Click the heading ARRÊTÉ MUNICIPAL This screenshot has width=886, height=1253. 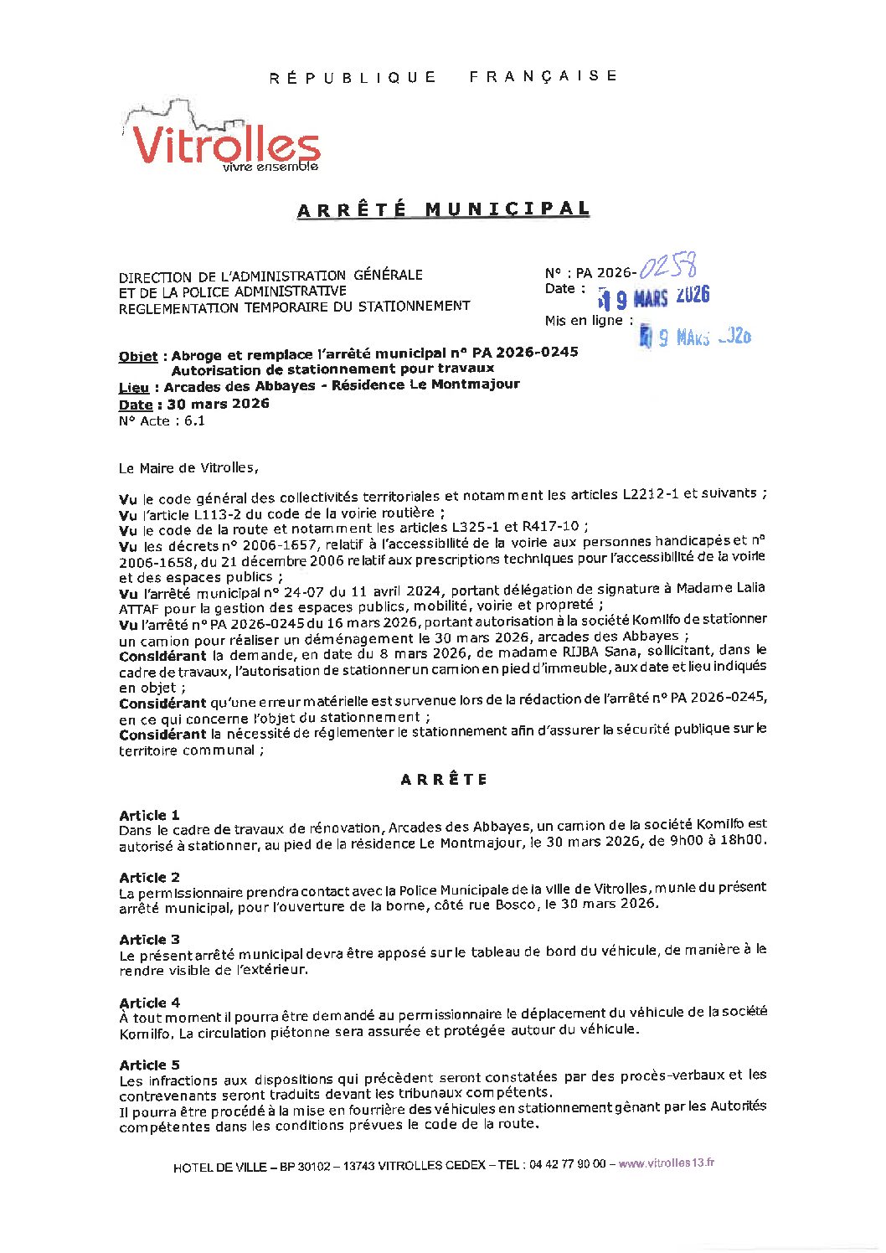click(443, 209)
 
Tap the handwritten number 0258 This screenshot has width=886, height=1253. click(668, 267)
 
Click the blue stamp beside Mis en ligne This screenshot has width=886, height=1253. click(695, 337)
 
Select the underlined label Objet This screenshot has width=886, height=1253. click(138, 356)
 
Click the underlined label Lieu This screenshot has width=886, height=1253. click(134, 387)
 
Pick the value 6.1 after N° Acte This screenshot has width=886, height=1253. click(194, 421)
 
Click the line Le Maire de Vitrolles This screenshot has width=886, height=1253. click(188, 468)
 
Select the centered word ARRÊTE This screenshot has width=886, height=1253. click(443, 780)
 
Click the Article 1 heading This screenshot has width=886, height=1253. click(149, 815)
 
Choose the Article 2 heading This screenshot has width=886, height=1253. click(149, 877)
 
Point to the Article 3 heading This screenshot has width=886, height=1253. click(149, 940)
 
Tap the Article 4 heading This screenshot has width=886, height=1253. click(149, 1003)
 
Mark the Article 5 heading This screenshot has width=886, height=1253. click(149, 1065)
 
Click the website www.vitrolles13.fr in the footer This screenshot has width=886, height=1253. click(667, 1163)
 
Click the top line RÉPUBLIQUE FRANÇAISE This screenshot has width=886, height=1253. click(443, 77)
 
